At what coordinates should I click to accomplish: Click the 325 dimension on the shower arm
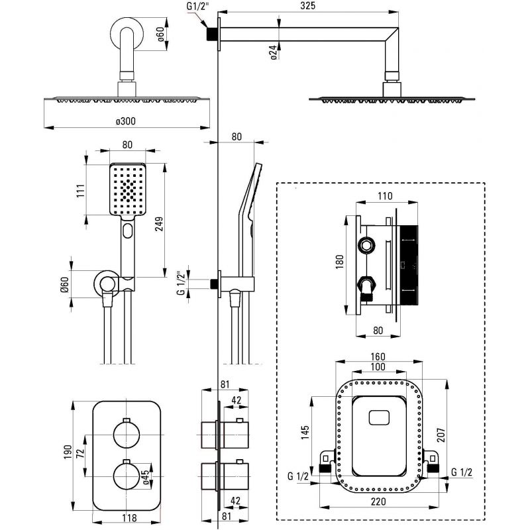(307, 5)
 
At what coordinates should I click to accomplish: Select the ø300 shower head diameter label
(125, 121)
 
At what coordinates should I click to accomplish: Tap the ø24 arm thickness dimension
(274, 52)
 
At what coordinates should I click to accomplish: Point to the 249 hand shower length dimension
(159, 224)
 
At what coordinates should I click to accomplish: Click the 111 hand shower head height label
(80, 191)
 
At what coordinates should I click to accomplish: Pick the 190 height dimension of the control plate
(68, 452)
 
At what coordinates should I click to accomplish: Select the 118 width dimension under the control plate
(129, 517)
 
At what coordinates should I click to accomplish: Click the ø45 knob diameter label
(146, 478)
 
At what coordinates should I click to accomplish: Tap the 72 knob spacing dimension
(80, 453)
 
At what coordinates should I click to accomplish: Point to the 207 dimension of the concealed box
(441, 435)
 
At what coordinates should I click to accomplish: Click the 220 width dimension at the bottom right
(378, 502)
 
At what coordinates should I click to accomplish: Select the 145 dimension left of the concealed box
(305, 433)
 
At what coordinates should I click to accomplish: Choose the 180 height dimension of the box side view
(339, 262)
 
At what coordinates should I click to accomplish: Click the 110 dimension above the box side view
(385, 195)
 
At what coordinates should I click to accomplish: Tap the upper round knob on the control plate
(127, 435)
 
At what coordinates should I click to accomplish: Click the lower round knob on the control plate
(127, 476)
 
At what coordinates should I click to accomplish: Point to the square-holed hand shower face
(128, 189)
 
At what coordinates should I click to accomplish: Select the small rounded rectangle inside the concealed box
(379, 418)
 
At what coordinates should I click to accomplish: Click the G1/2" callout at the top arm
(197, 7)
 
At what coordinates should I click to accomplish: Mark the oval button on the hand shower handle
(128, 231)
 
